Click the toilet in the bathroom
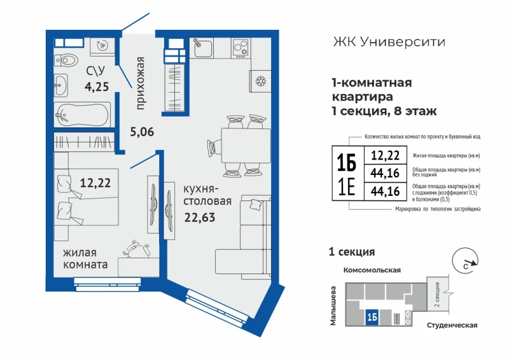[66, 60]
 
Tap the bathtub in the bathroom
[82, 114]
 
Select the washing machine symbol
[102, 46]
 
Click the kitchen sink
[203, 48]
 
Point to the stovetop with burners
[241, 48]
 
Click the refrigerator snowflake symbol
[260, 81]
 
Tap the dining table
[246, 146]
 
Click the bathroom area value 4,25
[97, 87]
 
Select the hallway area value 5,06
[142, 132]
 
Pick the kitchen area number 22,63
[200, 217]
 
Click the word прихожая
[139, 83]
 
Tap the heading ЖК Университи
[389, 42]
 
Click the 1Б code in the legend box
[346, 162]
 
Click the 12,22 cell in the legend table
[385, 155]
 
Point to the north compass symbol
[465, 261]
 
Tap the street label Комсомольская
[372, 270]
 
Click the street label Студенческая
[452, 325]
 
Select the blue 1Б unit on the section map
[372, 317]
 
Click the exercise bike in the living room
[136, 249]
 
